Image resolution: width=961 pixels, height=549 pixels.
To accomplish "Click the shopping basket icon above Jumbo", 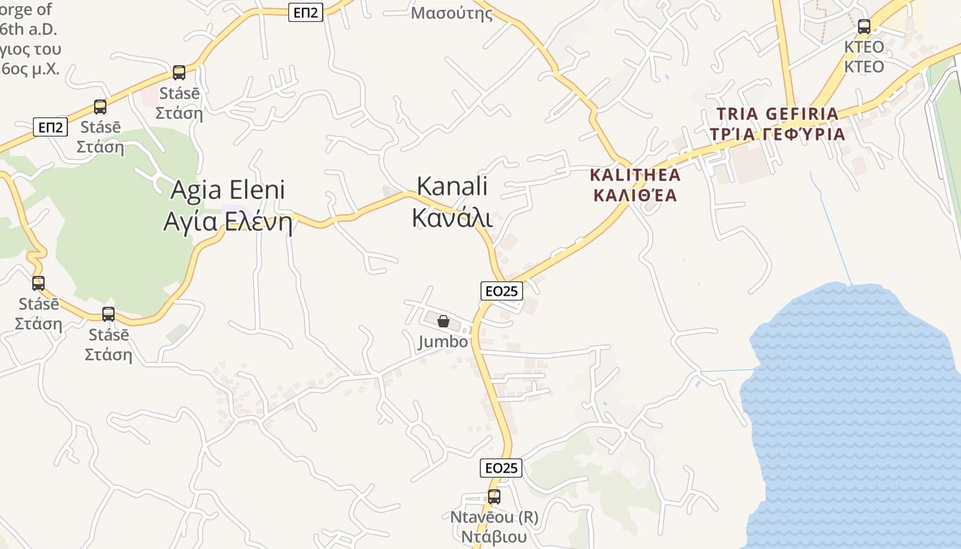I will pyautogui.click(x=443, y=320).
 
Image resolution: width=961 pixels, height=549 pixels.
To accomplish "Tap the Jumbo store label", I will pyautogui.click(x=443, y=342).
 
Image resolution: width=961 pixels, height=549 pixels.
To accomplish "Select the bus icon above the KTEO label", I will pyautogui.click(x=864, y=27).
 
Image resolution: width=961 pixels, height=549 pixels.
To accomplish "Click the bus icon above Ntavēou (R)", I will pyautogui.click(x=494, y=497).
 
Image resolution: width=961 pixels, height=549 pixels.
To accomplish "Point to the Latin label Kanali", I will pyautogui.click(x=452, y=186).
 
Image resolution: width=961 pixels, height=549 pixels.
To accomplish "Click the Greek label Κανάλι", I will pyautogui.click(x=452, y=216).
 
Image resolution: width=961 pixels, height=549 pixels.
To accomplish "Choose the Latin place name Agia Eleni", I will pyautogui.click(x=227, y=190).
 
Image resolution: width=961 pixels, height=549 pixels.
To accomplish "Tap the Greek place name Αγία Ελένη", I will pyautogui.click(x=227, y=222).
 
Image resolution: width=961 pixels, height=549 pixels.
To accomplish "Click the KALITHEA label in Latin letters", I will pyautogui.click(x=635, y=174).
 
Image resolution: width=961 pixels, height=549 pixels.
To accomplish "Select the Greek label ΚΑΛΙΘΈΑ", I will pyautogui.click(x=635, y=196).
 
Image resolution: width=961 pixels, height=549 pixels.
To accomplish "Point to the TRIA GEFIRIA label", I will pyautogui.click(x=777, y=114).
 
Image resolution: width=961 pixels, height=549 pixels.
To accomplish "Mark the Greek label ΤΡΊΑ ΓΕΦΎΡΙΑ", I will pyautogui.click(x=777, y=134).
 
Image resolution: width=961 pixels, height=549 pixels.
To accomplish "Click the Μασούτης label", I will pyautogui.click(x=452, y=13).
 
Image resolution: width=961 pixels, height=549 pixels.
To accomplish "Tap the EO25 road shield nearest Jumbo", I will pyautogui.click(x=501, y=291).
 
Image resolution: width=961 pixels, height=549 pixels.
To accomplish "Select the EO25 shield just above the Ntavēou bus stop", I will pyautogui.click(x=500, y=468).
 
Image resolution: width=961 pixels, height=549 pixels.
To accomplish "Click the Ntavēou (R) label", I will pyautogui.click(x=494, y=517).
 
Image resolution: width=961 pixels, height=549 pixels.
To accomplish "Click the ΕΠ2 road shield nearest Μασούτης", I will pyautogui.click(x=305, y=12).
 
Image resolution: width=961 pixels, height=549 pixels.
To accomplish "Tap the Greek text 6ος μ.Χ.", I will pyautogui.click(x=31, y=69).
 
